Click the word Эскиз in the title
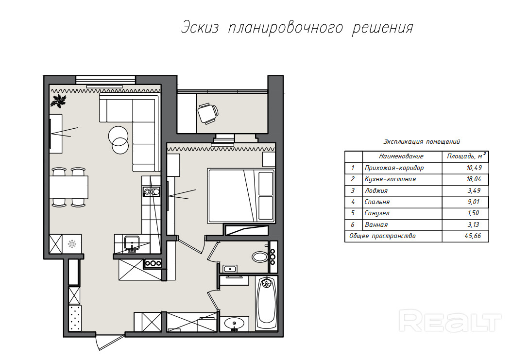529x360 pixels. (200, 27)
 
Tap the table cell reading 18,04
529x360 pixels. (474, 179)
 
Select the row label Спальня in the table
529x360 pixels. (377, 202)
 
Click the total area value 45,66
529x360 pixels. (473, 236)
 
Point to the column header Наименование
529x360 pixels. (401, 156)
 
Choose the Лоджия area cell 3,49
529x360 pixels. (474, 190)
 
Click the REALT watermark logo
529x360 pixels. (450, 321)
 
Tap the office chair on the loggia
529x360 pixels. (207, 114)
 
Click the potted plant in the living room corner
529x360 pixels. (59, 101)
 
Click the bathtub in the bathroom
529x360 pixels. (267, 303)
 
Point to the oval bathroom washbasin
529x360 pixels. (234, 323)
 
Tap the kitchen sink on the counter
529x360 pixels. (132, 243)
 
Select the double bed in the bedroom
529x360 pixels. (241, 196)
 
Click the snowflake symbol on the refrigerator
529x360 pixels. (72, 244)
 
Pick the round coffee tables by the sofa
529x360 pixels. (119, 140)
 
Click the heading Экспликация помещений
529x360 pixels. (421, 142)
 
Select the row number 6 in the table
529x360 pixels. (353, 224)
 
